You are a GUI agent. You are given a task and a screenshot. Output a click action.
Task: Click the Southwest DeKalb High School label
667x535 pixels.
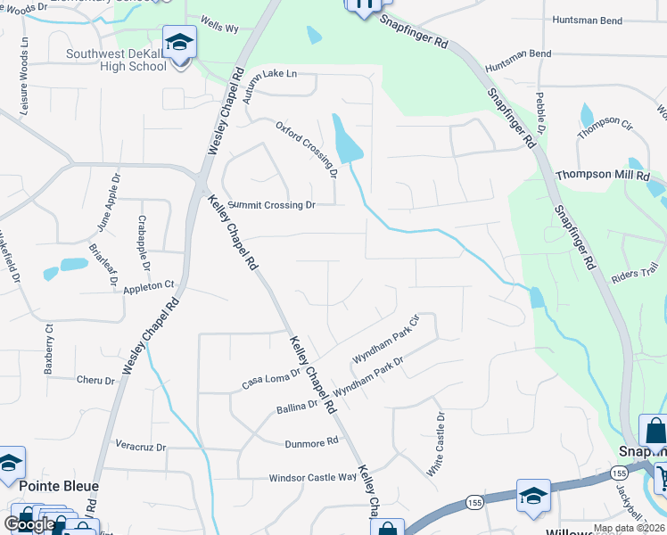click(x=116, y=60)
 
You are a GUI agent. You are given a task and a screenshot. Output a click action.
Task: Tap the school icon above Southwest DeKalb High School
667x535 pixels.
click(x=178, y=42)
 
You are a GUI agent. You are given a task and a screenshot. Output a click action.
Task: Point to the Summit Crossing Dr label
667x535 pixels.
click(x=272, y=205)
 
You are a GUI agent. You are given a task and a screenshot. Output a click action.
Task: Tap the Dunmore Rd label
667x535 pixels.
click(x=312, y=441)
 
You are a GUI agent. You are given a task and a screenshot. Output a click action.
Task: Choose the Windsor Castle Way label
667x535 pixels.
click(x=313, y=478)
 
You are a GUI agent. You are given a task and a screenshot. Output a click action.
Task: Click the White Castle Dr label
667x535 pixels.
click(x=436, y=443)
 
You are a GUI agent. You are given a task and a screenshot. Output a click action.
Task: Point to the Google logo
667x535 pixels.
click(x=29, y=524)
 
